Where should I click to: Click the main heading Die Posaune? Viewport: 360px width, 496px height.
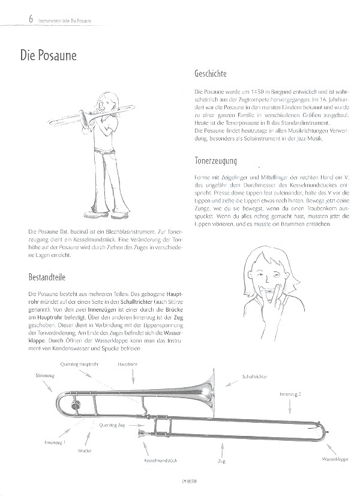click(44, 56)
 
